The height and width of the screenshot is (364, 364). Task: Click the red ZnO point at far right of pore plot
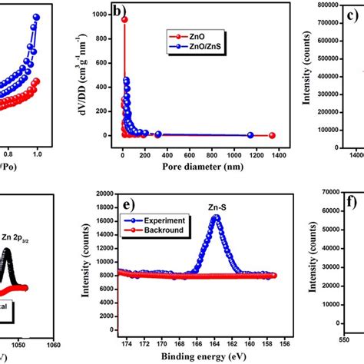coord(272,136)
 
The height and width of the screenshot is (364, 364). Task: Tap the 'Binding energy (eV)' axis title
coord(198,357)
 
